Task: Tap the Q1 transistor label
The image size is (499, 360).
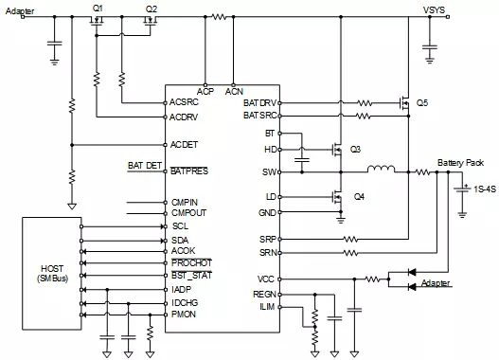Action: pos(98,9)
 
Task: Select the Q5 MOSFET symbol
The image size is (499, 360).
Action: pos(404,103)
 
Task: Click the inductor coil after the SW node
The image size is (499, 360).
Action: pos(382,169)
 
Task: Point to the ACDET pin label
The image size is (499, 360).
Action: pos(184,145)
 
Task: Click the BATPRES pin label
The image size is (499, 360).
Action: pos(189,171)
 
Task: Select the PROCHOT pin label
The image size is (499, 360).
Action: pos(191,263)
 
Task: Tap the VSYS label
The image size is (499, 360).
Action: pos(434,9)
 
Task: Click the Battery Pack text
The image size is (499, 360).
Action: pos(460,163)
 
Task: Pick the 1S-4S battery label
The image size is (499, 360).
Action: pos(485,189)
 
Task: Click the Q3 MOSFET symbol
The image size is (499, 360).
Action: pos(337,150)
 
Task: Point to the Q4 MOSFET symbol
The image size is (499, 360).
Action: pos(337,197)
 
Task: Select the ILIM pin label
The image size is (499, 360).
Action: pos(267,307)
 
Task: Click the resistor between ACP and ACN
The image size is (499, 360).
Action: pos(220,16)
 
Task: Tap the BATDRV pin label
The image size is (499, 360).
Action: pos(260,103)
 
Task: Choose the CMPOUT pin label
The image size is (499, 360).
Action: pos(188,212)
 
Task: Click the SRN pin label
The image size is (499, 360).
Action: pos(268,253)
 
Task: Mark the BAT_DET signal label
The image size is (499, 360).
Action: pos(145,166)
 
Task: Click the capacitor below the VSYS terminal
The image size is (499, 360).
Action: pos(430,47)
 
